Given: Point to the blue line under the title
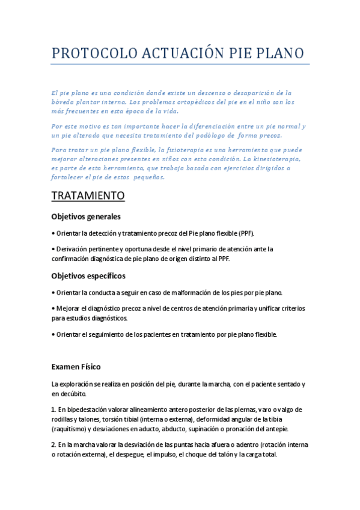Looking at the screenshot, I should (x=180, y=64).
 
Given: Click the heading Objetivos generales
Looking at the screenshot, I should (x=86, y=216).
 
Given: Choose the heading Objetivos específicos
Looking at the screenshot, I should (x=88, y=275).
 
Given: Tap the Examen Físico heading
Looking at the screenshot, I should (x=76, y=366).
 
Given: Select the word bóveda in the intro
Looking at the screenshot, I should (x=64, y=102).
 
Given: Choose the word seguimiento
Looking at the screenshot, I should (x=110, y=334).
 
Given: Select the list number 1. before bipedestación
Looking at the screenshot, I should (x=53, y=410).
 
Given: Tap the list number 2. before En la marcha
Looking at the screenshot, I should (x=53, y=445).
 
